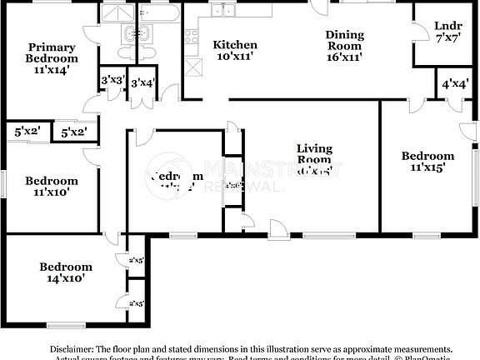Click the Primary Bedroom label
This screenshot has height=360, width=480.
(x=52, y=58)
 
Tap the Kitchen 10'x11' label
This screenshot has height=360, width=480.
(x=234, y=51)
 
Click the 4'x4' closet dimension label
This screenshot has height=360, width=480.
(x=454, y=84)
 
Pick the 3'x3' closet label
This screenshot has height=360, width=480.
(x=112, y=81)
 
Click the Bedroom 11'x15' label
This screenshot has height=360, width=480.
(x=427, y=161)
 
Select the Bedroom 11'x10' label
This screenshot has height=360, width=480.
(x=51, y=186)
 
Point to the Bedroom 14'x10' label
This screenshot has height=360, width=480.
(x=66, y=272)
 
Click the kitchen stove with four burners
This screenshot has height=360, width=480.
(x=190, y=37)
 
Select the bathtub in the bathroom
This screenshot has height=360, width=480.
(x=159, y=12)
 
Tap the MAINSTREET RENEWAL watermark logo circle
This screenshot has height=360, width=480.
(x=172, y=172)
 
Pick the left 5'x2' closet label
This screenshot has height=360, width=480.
(x=27, y=131)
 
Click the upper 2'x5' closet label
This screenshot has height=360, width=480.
(x=136, y=261)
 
